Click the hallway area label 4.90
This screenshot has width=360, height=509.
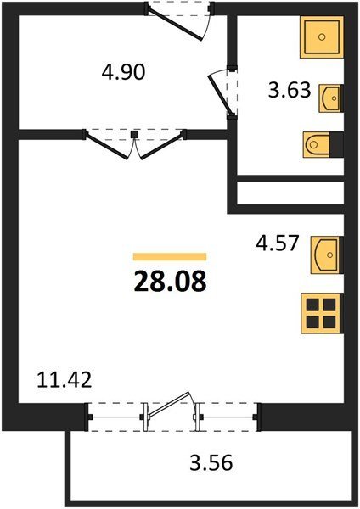click(x=123, y=72)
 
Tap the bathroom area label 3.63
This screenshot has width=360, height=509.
click(x=290, y=90)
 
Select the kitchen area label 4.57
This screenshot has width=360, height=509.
click(x=277, y=243)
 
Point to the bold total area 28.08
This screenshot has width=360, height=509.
click(x=170, y=281)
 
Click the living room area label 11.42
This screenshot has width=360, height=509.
click(x=64, y=380)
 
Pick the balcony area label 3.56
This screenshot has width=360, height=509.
click(x=211, y=462)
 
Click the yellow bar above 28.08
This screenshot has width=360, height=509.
click(x=170, y=256)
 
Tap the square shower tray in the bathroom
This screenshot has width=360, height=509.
click(x=322, y=37)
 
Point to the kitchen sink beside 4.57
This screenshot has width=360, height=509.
click(x=327, y=255)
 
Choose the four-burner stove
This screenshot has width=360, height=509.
click(x=322, y=313)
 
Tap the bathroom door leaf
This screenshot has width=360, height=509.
click(x=220, y=95)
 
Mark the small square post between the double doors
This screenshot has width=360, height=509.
click(x=134, y=134)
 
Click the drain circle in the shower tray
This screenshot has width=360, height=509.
click(x=322, y=37)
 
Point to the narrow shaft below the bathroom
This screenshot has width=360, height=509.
click(x=290, y=193)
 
